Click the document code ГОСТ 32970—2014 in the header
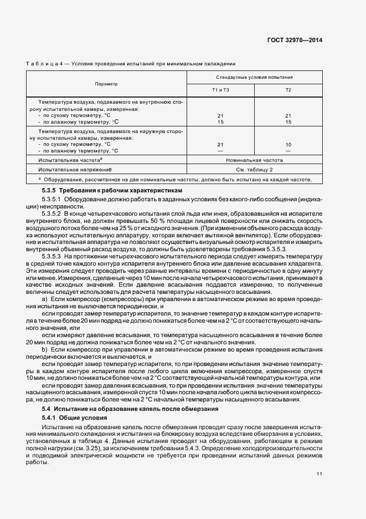pos(296,40)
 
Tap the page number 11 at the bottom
pos(319,474)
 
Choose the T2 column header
pos(288,90)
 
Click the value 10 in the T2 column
pos(288,144)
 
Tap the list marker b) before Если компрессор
pos(44,350)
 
